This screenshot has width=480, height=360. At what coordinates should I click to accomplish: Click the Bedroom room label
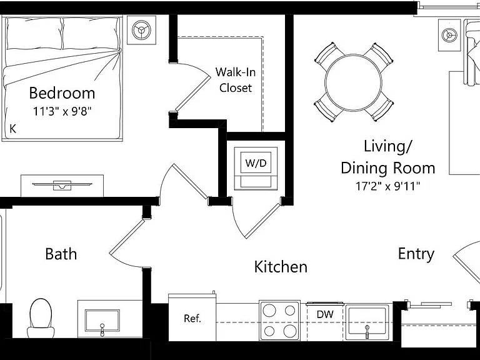coord(62,93)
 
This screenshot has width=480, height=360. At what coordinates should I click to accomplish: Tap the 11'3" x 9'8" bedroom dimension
coord(62,111)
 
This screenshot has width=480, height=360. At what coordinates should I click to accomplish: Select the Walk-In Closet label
coord(236,80)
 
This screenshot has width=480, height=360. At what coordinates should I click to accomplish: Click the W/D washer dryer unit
coord(256,168)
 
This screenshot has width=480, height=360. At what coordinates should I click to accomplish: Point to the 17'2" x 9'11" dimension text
coord(388,186)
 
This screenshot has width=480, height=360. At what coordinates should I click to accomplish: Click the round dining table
coord(353,82)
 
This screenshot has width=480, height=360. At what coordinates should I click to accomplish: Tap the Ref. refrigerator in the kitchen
coord(192,317)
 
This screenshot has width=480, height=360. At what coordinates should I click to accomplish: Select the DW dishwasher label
coord(325,314)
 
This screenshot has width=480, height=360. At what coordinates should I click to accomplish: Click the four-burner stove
coord(279,321)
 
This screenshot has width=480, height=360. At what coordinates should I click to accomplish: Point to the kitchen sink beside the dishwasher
coord(367,322)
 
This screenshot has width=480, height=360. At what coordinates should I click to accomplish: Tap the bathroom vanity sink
coord(102,321)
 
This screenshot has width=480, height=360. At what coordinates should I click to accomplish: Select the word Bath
coord(61,254)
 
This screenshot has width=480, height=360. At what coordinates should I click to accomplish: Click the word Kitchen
coord(281,267)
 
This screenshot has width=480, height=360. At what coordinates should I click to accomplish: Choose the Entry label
coord(416,254)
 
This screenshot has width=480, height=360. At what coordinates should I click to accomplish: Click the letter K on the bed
coord(13,129)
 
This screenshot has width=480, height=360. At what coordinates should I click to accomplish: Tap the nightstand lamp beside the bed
coord(141,30)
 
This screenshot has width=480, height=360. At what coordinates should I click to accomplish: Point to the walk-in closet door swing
coord(191,87)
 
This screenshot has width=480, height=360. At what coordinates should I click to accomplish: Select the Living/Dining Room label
coord(388,157)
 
